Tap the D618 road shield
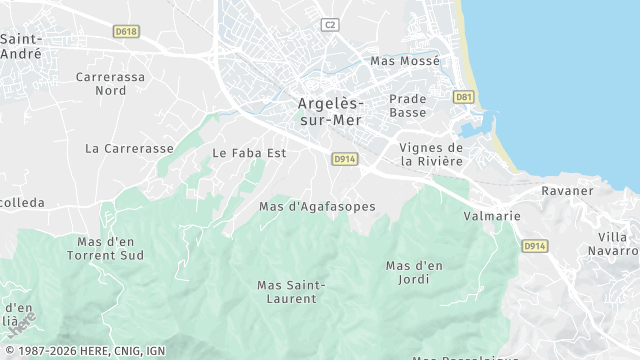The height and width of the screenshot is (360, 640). tap(125, 32)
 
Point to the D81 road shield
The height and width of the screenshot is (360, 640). tap(463, 97)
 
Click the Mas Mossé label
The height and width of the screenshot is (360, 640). tap(405, 61)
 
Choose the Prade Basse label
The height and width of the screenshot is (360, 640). tap(408, 106)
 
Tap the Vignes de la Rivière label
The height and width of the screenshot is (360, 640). tap(431, 154)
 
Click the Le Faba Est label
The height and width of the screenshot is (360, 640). tap(250, 153)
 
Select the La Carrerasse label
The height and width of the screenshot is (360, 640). tap(129, 148)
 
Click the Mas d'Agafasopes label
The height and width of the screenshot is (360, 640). tap(317, 207)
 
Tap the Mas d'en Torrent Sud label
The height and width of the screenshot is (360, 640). tap(106, 248)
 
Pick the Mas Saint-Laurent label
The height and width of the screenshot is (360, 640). tap(291, 291)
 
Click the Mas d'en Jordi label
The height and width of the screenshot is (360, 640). tap(414, 272)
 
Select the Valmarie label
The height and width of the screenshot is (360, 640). tap(492, 216)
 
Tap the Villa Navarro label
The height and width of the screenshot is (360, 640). tap(613, 243)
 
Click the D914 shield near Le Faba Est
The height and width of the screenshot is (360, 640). tap(344, 159)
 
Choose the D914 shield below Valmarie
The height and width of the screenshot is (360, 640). tap(535, 246)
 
